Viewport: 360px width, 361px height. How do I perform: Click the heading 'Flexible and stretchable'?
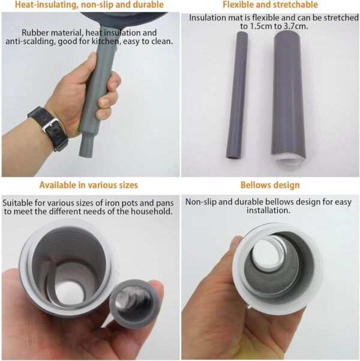270,5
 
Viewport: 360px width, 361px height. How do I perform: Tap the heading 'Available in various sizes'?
89,185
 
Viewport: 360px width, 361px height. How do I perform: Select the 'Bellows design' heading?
270,185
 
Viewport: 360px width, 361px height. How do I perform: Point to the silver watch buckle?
52,127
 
